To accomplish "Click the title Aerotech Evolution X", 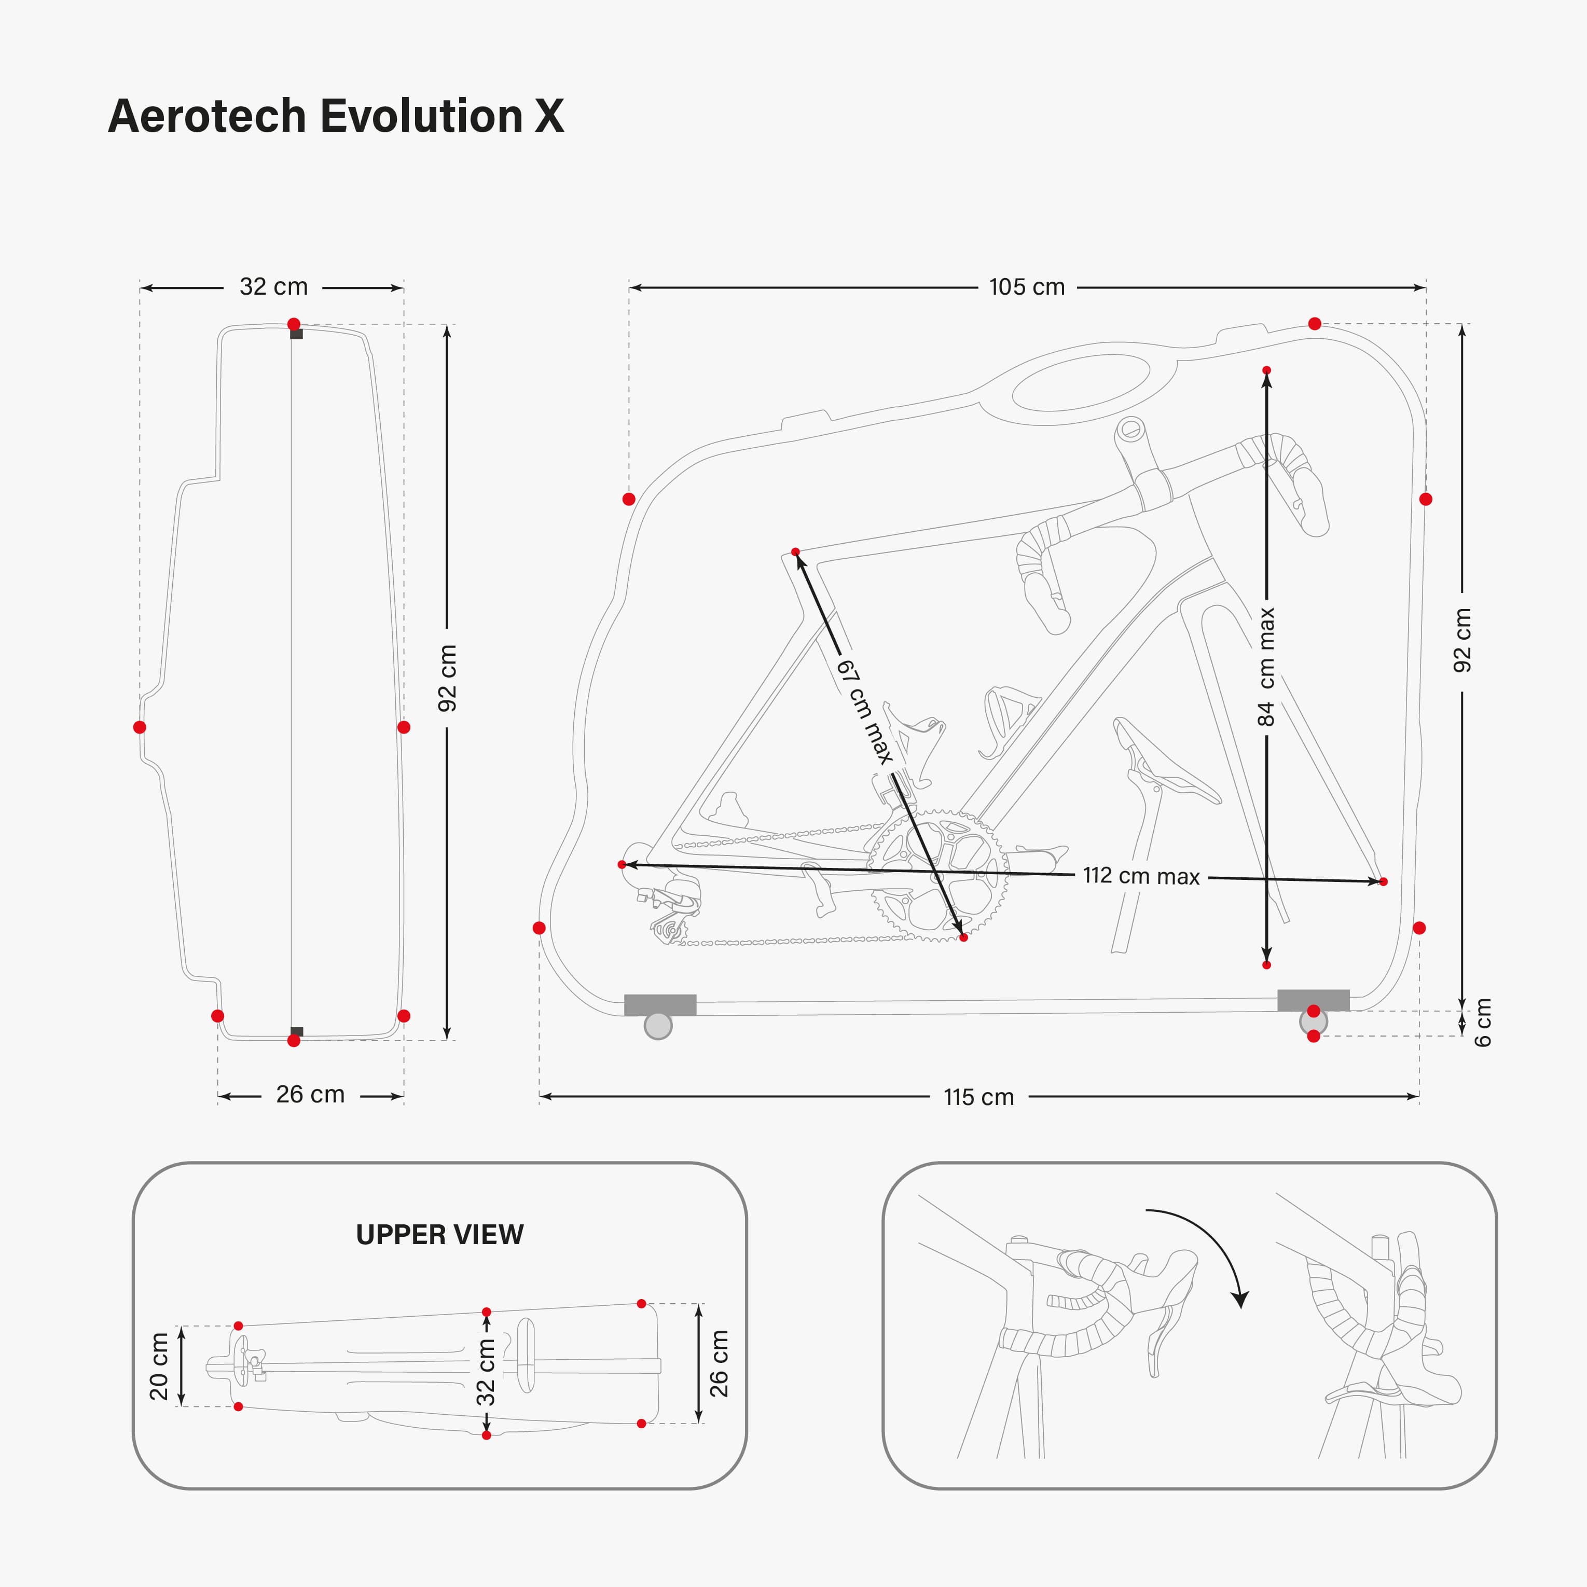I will coord(335,116).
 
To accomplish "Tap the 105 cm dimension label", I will coord(1026,287).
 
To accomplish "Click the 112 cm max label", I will coord(1140,876).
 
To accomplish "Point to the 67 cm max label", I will coord(865,711).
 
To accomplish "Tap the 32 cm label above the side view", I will coord(273,287).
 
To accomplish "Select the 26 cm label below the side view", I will coord(310,1094).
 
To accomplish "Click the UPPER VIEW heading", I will coord(439,1235).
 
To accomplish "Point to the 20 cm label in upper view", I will coord(159,1366).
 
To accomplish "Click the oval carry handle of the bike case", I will coord(1080,383).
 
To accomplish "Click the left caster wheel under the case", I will coord(658,1025).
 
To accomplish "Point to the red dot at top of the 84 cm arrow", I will coord(1267,370).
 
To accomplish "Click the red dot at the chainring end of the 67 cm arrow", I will coord(963,937).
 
